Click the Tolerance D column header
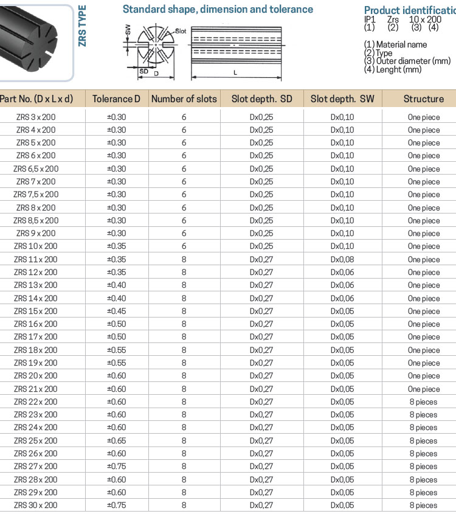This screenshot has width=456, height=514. coord(116,99)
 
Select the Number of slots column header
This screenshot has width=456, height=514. coord(184,99)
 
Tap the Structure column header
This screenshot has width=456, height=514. coord(423,99)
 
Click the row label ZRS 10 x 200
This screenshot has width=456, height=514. coord(36,246)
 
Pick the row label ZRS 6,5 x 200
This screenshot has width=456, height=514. coord(36,168)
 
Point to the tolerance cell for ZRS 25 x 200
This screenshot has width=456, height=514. coord(116,440)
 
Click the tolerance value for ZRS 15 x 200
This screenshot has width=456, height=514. coord(116,311)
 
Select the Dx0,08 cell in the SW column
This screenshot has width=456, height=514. coord(342,259)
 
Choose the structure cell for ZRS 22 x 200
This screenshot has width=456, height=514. coord(423,401)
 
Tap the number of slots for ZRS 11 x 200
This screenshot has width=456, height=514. coord(184,259)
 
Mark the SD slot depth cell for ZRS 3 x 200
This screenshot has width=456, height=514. coord(261,117)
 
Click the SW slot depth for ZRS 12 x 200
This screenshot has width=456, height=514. coord(342,272)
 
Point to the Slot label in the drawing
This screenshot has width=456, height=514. coord(180,30)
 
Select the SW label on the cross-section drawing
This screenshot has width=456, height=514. coord(127,29)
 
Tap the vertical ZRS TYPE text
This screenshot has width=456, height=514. coord(83,26)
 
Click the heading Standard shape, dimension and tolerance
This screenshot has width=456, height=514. coord(218,9)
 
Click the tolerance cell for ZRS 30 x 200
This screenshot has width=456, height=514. coord(116,505)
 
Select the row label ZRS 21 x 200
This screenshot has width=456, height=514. coord(36,389)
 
